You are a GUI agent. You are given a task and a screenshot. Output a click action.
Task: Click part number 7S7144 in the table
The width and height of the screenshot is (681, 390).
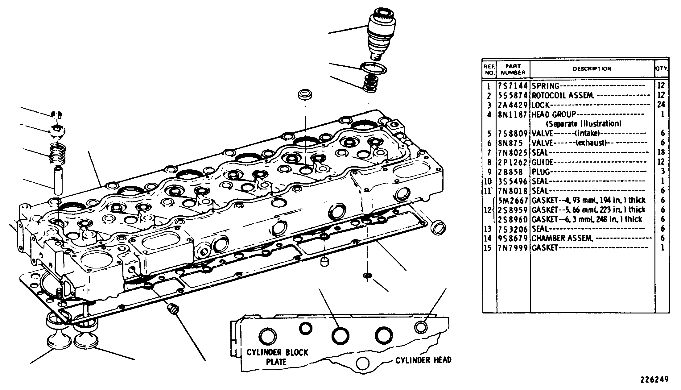pos(513,86)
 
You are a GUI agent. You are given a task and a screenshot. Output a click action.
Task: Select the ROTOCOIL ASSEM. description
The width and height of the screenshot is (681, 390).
pos(563,95)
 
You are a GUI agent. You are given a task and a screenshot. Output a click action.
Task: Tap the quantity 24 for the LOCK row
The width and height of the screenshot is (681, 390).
pos(661,105)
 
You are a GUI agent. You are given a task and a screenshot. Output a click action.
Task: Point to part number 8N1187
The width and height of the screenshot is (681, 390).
pos(513,114)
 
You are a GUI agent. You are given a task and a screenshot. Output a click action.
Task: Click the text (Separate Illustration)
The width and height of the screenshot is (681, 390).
pos(584,124)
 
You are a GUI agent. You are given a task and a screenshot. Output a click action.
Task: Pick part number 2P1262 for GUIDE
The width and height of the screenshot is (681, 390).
pos(513,162)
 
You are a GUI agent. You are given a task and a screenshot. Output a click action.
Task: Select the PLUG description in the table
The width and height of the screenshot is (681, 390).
pos(541,172)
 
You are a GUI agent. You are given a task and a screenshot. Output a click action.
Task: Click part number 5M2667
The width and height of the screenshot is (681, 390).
pos(513,200)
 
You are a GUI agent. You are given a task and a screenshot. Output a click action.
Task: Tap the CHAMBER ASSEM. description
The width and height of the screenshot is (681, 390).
pos(562,238)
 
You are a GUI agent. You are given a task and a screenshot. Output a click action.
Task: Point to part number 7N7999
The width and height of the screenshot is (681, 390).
pos(513,248)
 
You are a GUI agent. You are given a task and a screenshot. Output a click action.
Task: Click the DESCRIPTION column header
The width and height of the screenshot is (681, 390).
pos(592,69)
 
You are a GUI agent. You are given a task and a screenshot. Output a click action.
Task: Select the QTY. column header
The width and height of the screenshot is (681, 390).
pos(662,68)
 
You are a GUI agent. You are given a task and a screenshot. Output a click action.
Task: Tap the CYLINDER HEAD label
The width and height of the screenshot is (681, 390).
pos(423,360)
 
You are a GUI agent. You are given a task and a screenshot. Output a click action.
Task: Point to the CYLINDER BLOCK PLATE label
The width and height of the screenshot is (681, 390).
pos(277,357)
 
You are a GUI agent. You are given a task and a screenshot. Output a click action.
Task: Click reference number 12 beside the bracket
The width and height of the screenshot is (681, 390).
pos(487,210)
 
